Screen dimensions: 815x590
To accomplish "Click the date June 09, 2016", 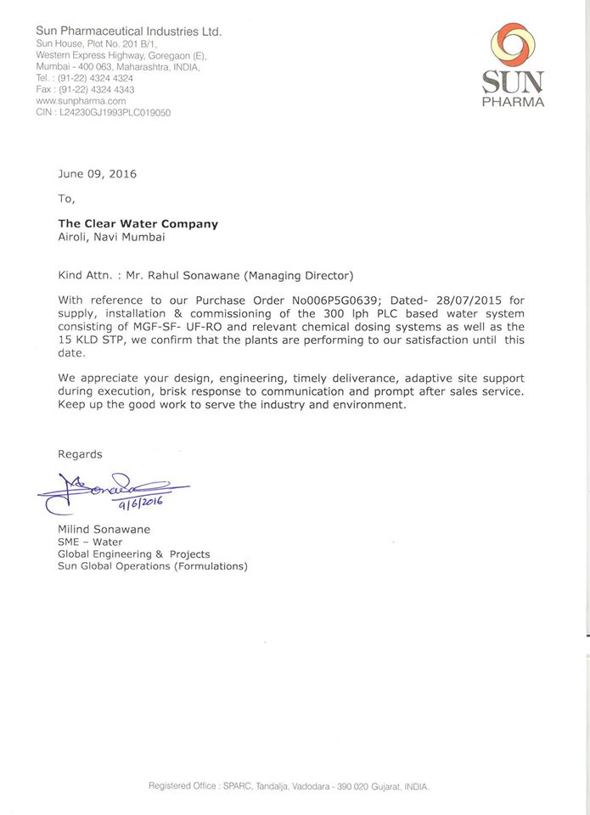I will coord(97,174).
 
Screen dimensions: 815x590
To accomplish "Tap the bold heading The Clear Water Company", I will coord(138,224).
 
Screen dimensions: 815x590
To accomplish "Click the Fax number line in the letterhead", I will coord(85,89).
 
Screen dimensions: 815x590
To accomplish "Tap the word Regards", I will coord(80,454).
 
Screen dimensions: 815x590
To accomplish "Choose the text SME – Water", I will coord(90,542).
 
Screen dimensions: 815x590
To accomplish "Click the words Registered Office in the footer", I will coord(183,786).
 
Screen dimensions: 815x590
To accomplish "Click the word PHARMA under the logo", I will coord(513,102).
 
